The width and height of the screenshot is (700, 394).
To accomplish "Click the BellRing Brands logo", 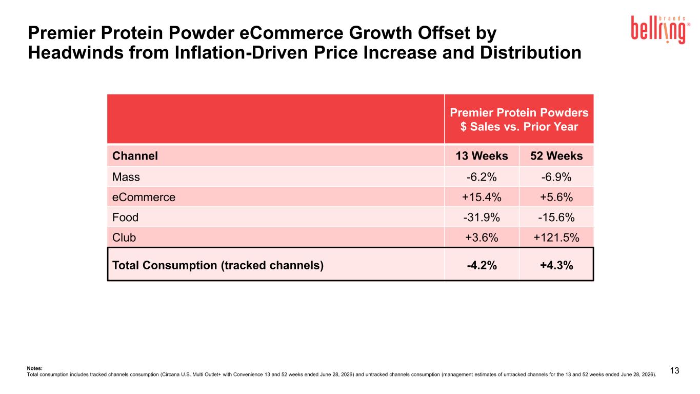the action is coord(661,29).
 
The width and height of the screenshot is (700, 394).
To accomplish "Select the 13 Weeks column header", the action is coord(482,156).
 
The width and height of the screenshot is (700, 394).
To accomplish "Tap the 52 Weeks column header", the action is coord(556,156).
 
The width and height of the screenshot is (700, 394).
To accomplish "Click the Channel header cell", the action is coord(135,156).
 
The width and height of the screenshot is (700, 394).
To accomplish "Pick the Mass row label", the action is coord(126,177).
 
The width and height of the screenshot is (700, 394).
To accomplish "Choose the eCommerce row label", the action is coord(144,198).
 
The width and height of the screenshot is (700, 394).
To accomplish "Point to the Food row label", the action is coord(125,218).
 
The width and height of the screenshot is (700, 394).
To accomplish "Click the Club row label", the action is coord(124,238).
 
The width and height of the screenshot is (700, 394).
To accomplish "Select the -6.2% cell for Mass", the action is coord(482,177).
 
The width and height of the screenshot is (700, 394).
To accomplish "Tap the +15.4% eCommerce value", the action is coord(482,198).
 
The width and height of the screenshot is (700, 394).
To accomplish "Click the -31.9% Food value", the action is coord(482,218).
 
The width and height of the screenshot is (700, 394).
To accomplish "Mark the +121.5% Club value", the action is coord(556,238).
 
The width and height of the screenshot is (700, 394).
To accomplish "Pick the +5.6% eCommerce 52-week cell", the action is coord(556,198).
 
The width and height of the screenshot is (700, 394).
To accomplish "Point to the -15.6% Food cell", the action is coord(556,218).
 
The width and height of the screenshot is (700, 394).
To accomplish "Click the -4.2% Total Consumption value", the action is coord(482,265).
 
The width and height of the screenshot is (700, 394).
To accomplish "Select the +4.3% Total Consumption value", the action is coord(556,265).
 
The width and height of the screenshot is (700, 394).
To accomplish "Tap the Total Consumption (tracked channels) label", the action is coord(218,265).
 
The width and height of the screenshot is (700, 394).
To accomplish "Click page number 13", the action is coord(675,371).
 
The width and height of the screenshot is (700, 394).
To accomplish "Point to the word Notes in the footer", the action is coord(35,368).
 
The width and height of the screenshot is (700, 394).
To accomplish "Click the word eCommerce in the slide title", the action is coord(291,33).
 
